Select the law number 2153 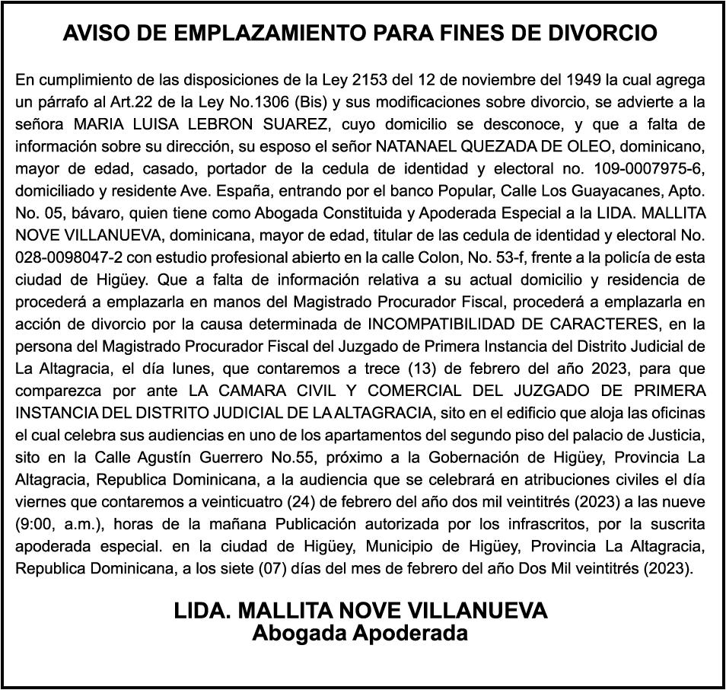(x=372, y=79)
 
